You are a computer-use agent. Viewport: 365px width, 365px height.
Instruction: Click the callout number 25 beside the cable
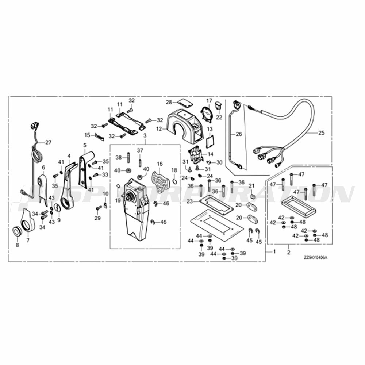click(321, 133)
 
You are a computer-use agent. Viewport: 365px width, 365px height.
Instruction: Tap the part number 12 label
click(159, 129)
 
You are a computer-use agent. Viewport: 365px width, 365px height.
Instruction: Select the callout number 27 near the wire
click(49, 143)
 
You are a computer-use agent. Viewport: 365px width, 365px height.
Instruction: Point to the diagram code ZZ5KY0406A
click(316, 257)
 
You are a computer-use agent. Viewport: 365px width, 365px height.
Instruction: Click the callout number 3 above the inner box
click(145, 136)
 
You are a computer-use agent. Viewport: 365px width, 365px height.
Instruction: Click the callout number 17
click(209, 100)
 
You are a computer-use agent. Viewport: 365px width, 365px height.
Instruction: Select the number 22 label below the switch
click(219, 117)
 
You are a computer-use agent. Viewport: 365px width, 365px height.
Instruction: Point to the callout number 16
click(160, 164)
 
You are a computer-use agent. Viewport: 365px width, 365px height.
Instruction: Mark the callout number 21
click(251, 186)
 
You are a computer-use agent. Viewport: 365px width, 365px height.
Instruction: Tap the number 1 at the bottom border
click(274, 252)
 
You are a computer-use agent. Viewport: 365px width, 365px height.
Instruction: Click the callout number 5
click(85, 145)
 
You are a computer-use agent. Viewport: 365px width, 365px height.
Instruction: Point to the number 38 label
click(118, 157)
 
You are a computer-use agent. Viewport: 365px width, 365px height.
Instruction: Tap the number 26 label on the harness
click(239, 134)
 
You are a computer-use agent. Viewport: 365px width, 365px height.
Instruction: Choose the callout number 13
click(210, 129)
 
